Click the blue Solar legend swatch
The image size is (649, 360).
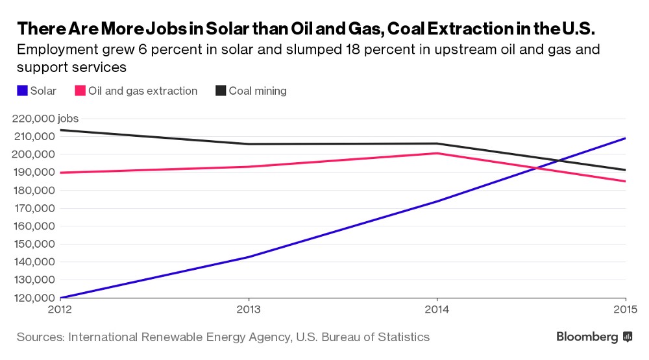(21, 91)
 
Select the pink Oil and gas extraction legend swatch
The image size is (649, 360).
(80, 91)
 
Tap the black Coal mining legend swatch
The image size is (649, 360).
(221, 91)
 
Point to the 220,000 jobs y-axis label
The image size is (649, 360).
(44, 119)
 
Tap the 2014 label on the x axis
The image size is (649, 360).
(437, 309)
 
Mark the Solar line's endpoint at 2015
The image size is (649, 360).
(625, 138)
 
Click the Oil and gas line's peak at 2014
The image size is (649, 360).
(437, 153)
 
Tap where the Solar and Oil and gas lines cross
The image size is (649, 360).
(535, 169)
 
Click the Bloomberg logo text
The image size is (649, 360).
(587, 337)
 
